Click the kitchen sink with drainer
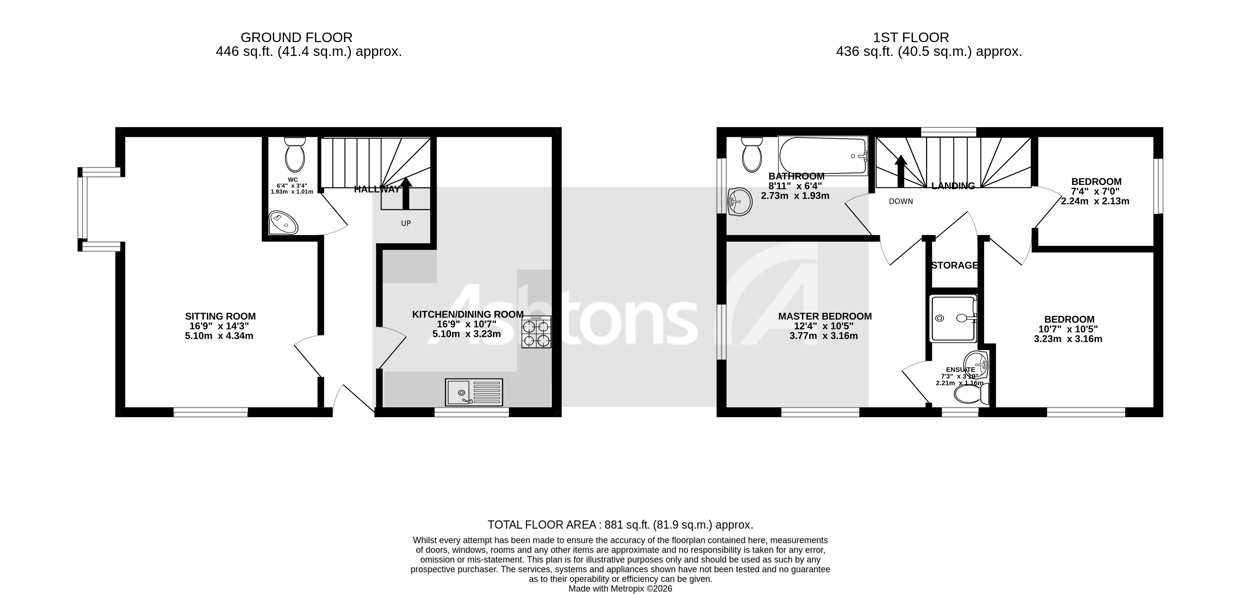(474, 392)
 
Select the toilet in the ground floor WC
(295, 155)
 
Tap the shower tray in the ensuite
(953, 318)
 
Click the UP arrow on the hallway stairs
(406, 193)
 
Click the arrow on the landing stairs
(900, 171)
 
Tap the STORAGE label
(954, 265)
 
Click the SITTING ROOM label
(220, 317)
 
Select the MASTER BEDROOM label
(825, 317)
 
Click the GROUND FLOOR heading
(296, 37)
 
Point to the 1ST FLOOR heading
(911, 37)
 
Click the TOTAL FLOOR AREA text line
(620, 525)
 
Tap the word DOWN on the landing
(900, 201)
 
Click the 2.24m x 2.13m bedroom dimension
(1095, 201)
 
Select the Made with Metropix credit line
(620, 589)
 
